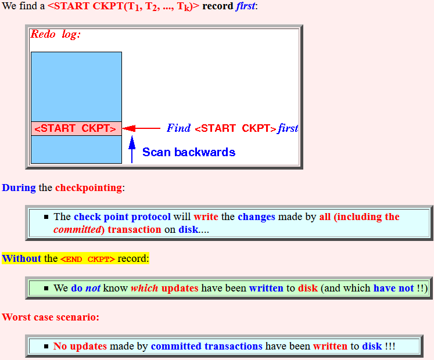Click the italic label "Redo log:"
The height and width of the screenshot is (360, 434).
click(55, 34)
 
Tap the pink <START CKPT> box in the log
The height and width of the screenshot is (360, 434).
click(76, 128)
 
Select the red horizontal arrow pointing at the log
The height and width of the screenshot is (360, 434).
click(141, 128)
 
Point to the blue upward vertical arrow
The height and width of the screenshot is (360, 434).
click(132, 149)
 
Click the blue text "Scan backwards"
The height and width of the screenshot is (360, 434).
click(189, 152)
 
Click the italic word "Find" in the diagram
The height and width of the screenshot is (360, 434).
click(178, 128)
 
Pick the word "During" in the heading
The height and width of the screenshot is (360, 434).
click(19, 188)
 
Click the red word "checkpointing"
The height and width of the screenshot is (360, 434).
click(88, 188)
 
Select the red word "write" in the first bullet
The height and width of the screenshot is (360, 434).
click(206, 217)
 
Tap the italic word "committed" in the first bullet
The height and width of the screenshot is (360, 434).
click(77, 230)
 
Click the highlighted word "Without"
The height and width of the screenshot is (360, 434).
click(21, 258)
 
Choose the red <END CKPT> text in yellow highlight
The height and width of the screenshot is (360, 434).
click(88, 260)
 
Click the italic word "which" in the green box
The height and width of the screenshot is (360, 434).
click(145, 288)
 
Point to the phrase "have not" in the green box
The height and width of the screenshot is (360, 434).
click(393, 288)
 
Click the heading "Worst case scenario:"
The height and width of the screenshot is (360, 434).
click(51, 317)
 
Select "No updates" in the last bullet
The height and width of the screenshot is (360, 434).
click(80, 346)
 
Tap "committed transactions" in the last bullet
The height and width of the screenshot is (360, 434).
click(206, 346)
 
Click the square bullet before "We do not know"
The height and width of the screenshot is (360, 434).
click(46, 289)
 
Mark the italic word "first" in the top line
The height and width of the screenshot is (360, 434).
click(246, 6)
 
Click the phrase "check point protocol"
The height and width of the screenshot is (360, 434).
click(123, 217)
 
